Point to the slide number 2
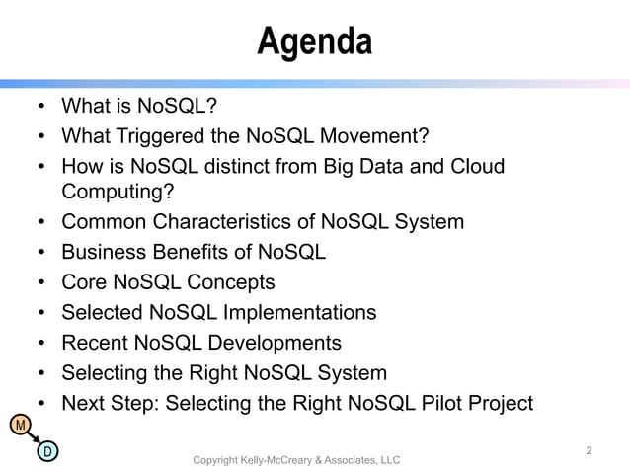click(589, 451)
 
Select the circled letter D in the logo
click(45, 452)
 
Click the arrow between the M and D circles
click(32, 439)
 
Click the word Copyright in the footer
click(219, 460)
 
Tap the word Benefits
click(188, 252)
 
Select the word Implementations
click(297, 313)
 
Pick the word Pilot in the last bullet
click(433, 402)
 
